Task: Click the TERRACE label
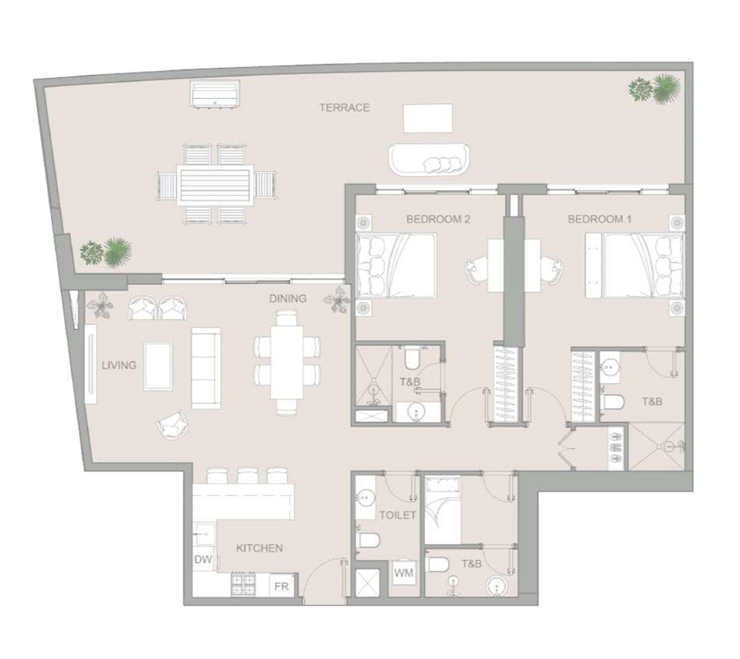point(344,108)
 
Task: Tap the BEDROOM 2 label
point(438,219)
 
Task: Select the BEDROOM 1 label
point(599,219)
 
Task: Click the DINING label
point(288,298)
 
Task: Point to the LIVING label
point(119,365)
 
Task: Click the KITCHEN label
point(259,548)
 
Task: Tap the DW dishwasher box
point(203,560)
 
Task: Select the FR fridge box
point(281,587)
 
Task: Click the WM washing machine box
point(403,573)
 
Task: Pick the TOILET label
point(397,515)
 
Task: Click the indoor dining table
point(286,361)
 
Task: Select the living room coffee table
point(158,366)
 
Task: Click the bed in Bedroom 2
point(395,265)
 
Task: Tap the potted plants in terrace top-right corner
point(654,89)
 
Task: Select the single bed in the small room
point(442,509)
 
